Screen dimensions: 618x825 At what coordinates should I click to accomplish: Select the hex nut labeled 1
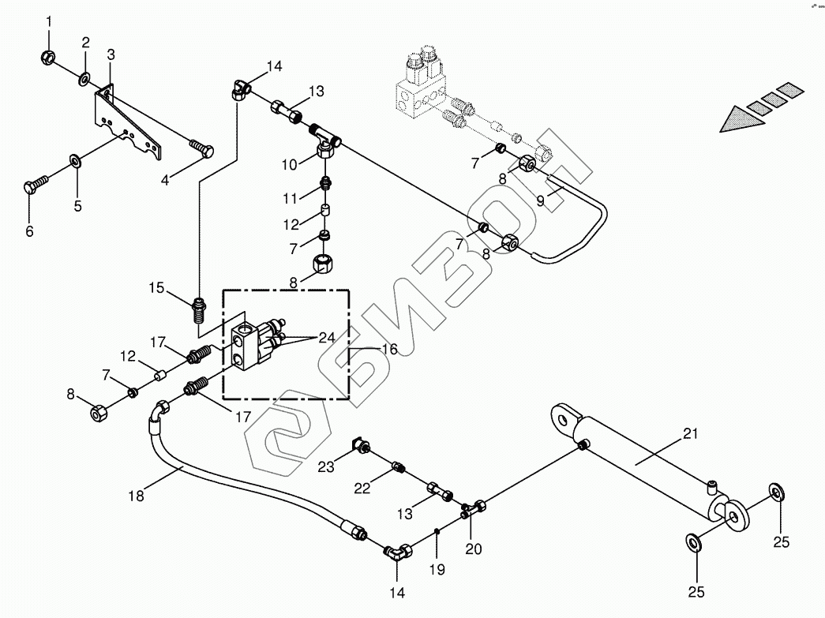pos(47,57)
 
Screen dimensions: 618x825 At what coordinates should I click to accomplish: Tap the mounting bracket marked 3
pos(126,124)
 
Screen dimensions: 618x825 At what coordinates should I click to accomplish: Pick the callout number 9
pos(541,200)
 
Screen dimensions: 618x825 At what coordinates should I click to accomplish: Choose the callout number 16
pos(387,348)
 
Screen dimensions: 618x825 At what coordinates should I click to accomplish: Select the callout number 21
pos(691,433)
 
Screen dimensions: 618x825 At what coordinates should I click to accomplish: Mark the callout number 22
pos(362,489)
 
